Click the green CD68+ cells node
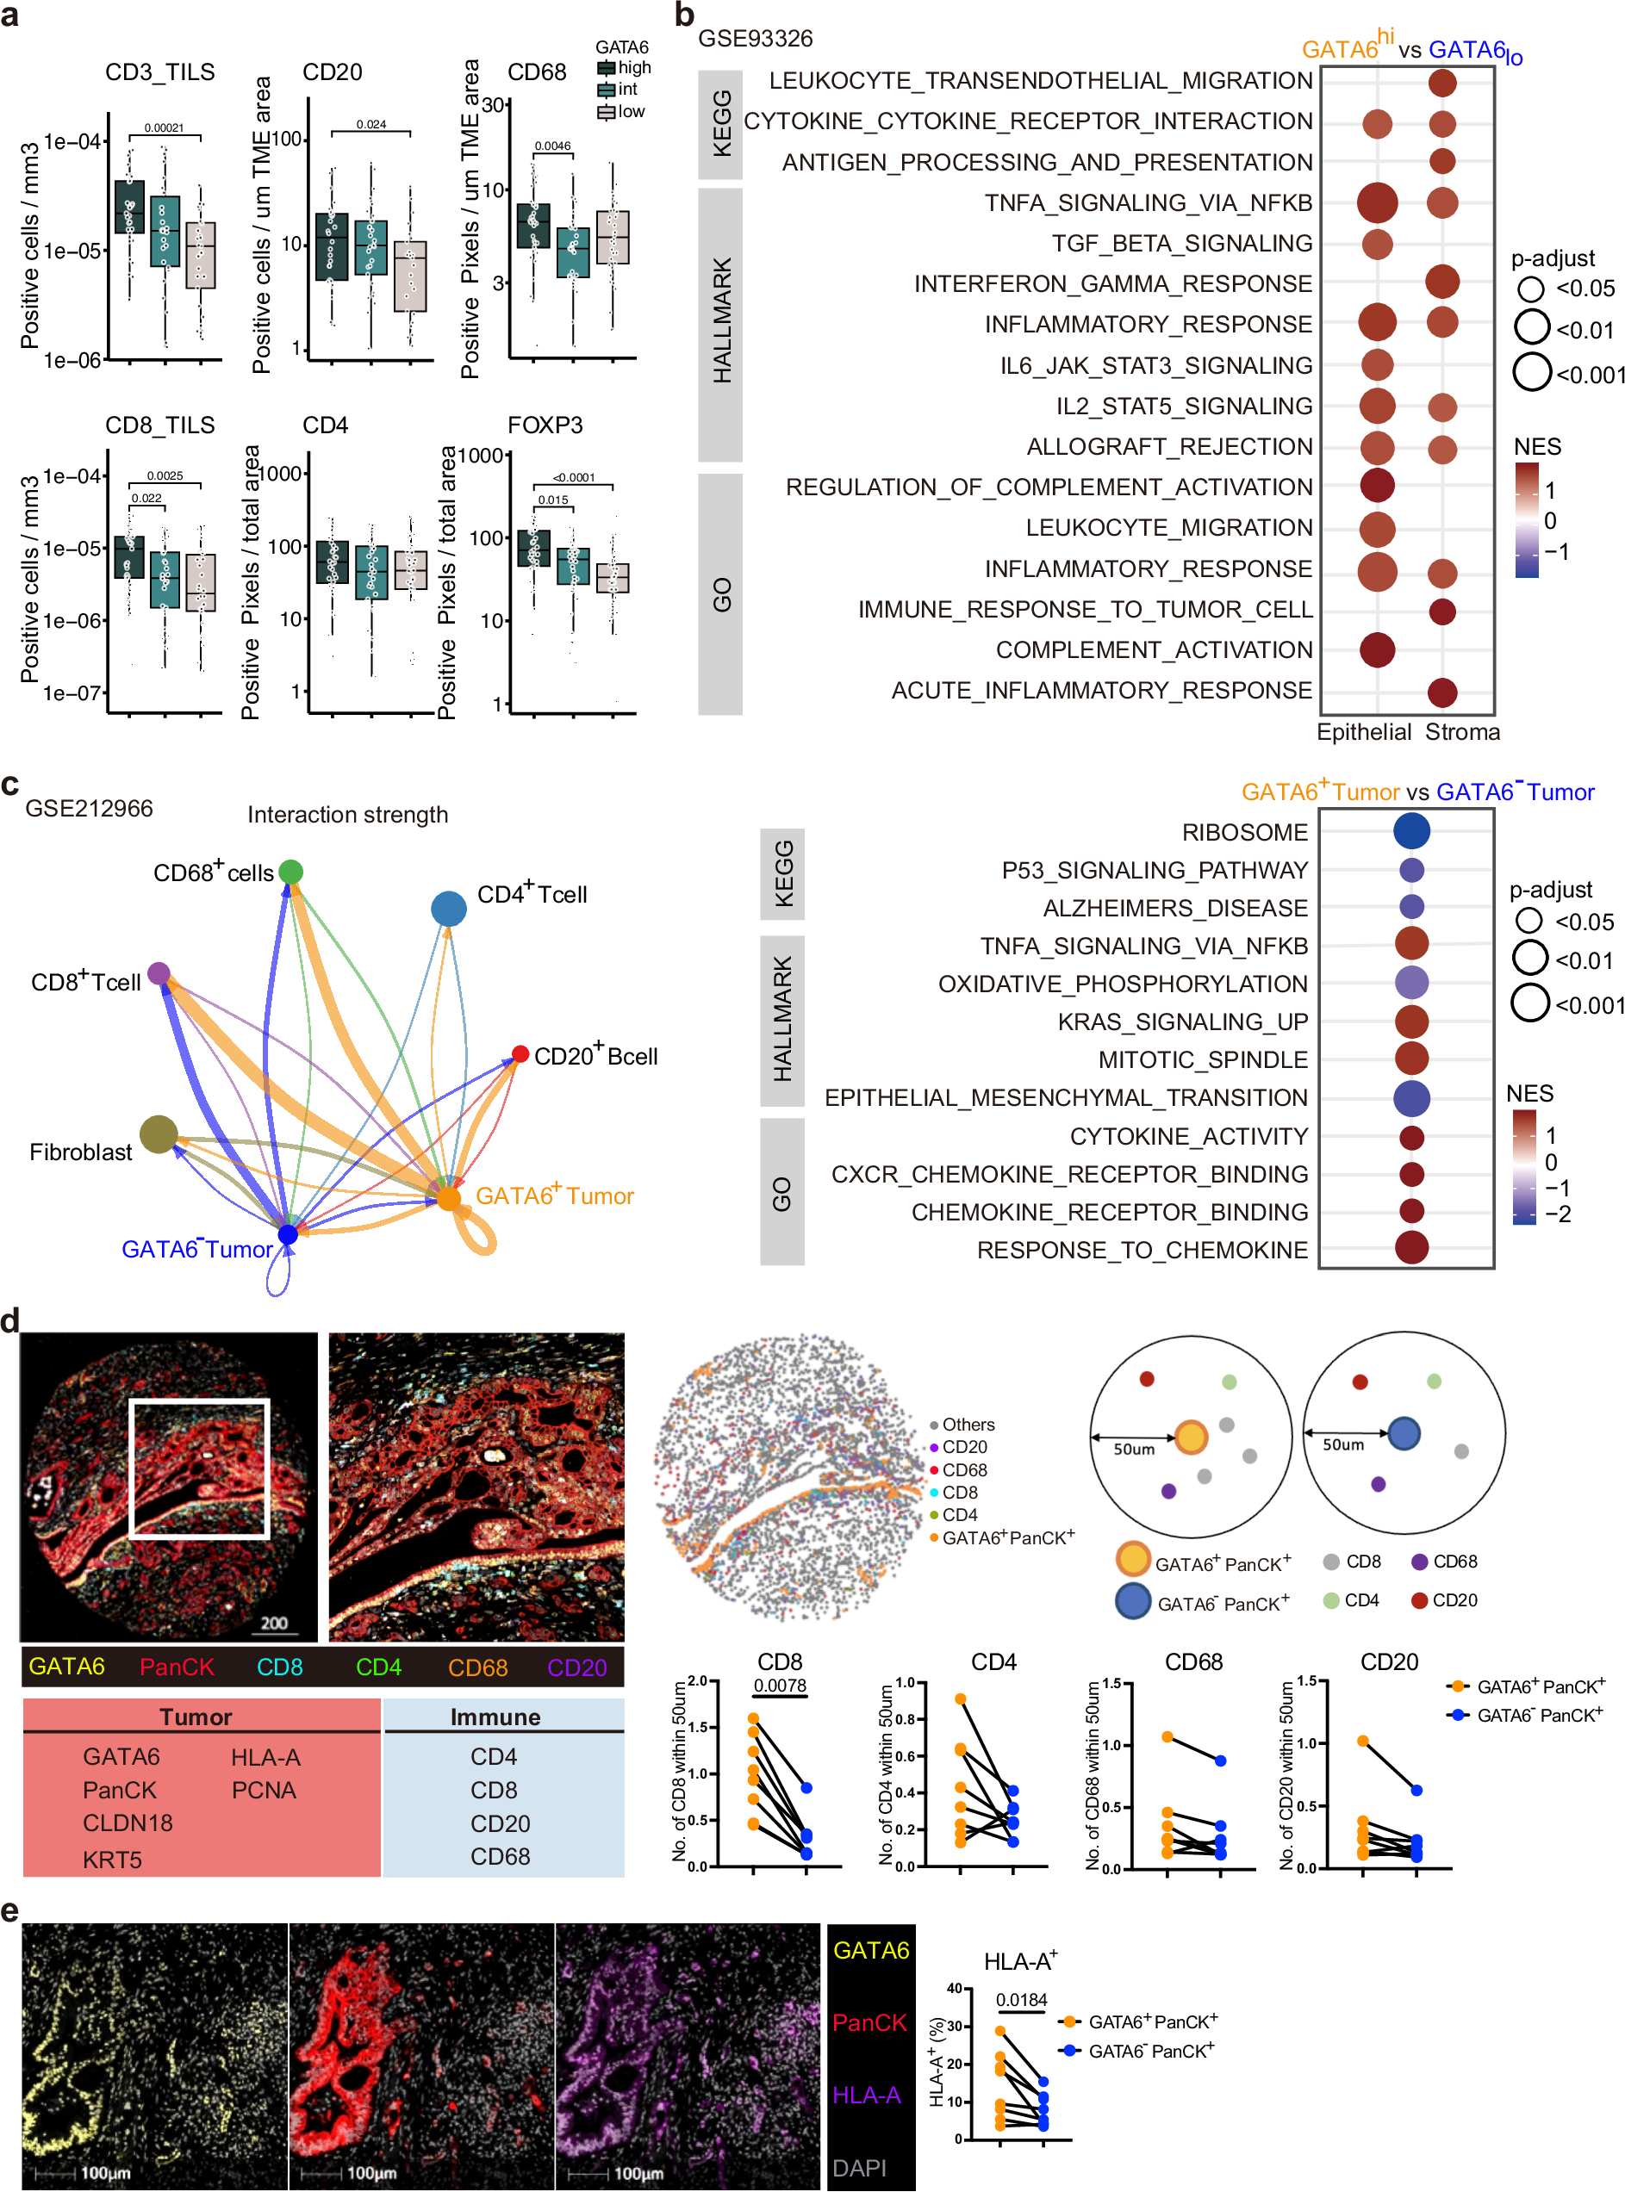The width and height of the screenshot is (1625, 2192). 290,872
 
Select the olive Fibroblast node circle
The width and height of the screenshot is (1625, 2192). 159,1133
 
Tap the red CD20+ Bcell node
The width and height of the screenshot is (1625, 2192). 520,1054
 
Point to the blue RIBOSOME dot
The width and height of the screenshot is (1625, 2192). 1410,831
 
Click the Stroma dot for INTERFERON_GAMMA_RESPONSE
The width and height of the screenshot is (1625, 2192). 1441,283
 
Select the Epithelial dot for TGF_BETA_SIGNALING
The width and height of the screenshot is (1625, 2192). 1376,243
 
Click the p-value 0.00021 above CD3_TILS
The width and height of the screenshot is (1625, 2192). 164,127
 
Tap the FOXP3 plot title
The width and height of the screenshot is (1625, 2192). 545,425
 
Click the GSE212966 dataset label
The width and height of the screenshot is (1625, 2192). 89,809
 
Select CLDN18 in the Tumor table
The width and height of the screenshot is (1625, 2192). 127,1823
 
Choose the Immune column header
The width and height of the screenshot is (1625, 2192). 495,1717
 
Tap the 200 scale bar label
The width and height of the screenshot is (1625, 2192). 275,1622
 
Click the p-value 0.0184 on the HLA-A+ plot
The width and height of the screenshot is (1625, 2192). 1021,1999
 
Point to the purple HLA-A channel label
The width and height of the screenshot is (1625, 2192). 866,2095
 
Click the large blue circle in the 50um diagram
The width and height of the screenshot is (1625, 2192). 1403,1434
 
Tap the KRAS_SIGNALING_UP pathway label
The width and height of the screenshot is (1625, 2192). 1182,1021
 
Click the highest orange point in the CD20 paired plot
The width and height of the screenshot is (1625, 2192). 1362,1741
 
